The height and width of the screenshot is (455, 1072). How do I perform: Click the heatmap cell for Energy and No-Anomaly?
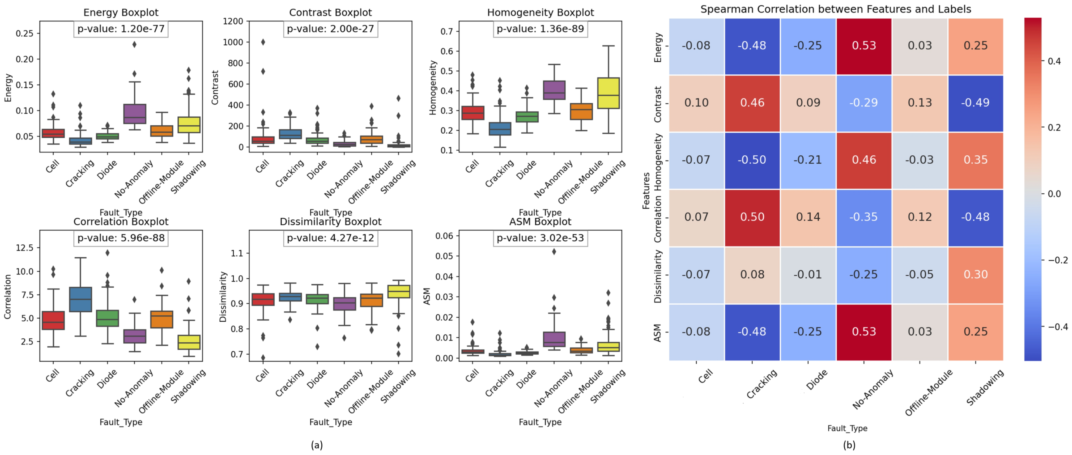point(864,46)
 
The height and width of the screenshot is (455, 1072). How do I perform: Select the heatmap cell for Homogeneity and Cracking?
point(752,160)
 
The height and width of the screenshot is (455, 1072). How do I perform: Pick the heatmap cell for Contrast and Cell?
point(696,103)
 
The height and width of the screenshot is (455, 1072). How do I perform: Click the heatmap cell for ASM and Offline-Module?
point(920,332)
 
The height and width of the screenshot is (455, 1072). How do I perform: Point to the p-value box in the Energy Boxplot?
point(121,29)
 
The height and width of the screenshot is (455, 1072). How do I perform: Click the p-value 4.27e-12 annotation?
point(330,238)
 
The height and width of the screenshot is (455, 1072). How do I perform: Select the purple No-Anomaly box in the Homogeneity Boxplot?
point(554,90)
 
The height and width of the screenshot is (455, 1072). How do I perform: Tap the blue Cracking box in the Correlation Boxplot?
point(81,299)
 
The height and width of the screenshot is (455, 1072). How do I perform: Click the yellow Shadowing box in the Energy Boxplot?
point(189,125)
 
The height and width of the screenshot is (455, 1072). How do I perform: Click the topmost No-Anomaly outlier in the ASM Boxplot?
point(554,251)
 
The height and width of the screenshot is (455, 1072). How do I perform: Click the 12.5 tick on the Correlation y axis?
point(24,248)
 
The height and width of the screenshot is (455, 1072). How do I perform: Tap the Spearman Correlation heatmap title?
point(835,9)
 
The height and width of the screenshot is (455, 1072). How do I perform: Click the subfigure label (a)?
point(317,445)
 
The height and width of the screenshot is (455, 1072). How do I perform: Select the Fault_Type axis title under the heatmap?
point(847,428)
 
